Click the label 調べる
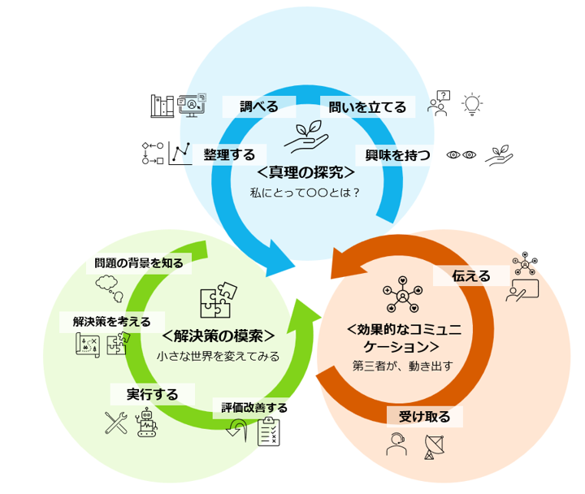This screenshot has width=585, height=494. [x=258, y=106]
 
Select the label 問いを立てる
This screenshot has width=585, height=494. [x=367, y=106]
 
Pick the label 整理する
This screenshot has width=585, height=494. [x=229, y=154]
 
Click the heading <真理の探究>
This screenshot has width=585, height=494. [x=305, y=173]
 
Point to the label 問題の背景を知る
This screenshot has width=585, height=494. [x=138, y=262]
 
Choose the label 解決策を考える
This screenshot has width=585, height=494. [x=112, y=321]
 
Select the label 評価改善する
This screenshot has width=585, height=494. [x=254, y=407]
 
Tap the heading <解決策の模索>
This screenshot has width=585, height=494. [x=218, y=336]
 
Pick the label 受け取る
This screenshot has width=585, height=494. [x=424, y=417]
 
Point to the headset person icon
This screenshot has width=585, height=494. [x=396, y=446]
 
